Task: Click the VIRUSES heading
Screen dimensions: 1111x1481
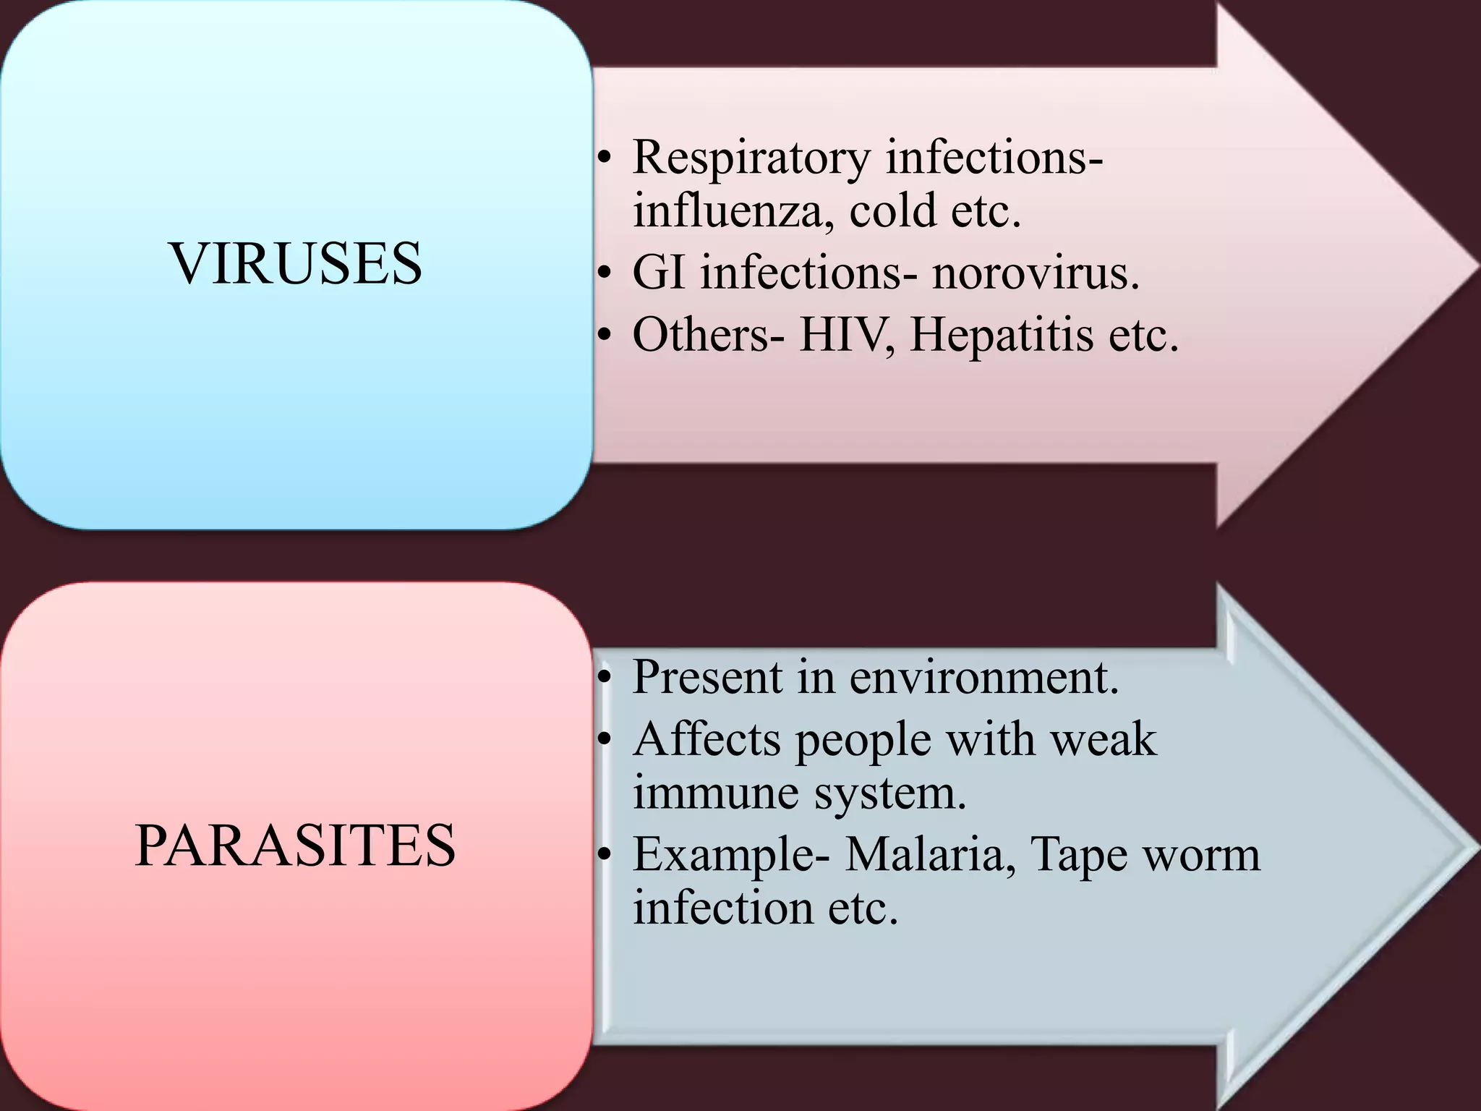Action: coord(296,263)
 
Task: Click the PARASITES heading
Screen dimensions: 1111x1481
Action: coord(295,846)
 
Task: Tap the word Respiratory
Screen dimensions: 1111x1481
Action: coord(751,158)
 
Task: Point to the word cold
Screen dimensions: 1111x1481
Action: coord(893,211)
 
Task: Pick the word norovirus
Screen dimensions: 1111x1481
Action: coord(1034,273)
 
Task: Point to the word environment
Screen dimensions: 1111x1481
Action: coord(983,678)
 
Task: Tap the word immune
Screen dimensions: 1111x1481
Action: coord(715,793)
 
